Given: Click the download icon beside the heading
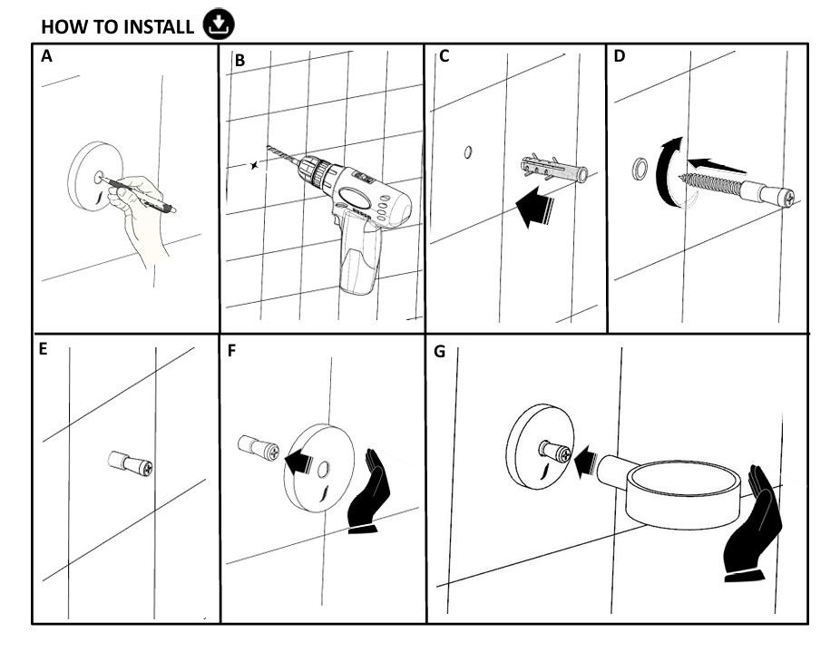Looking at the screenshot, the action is (x=219, y=24).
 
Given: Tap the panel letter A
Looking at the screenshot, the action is (x=46, y=55).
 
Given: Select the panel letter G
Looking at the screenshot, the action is (x=439, y=352).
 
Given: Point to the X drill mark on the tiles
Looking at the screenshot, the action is (x=254, y=166).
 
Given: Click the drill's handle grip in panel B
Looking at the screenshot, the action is (x=360, y=252).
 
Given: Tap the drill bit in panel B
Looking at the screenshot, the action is (x=283, y=155).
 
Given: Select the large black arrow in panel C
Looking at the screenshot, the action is (x=534, y=207).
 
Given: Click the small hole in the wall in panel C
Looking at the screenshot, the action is (x=468, y=152).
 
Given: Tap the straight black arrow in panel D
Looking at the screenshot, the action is (x=716, y=166).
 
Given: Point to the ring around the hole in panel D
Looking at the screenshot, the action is (x=640, y=170).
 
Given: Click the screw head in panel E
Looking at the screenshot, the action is (x=146, y=468).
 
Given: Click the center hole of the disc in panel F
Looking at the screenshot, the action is (x=323, y=470).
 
